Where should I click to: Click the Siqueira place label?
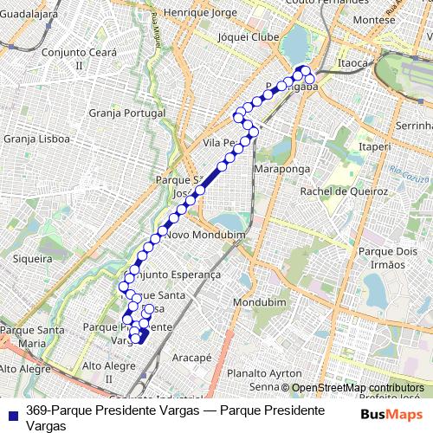coord(34,258)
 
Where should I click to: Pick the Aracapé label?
coord(191,357)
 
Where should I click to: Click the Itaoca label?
coord(353,63)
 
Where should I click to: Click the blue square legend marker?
coord(10,410)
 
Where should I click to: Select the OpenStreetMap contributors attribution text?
coord(357,388)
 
